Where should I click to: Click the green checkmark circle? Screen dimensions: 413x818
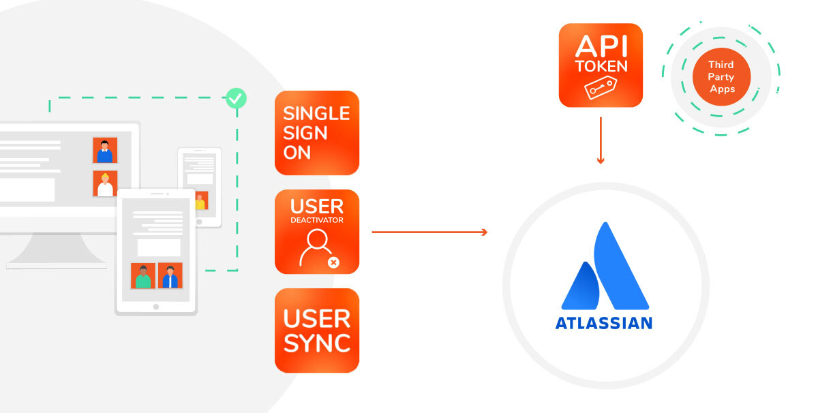click(236, 99)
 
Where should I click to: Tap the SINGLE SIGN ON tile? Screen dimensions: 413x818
click(317, 133)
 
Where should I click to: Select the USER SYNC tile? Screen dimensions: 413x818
click(317, 331)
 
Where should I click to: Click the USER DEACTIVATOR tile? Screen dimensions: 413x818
click(317, 232)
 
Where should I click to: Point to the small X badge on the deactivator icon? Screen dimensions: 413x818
click(333, 262)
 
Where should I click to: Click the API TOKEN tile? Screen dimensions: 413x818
click(601, 65)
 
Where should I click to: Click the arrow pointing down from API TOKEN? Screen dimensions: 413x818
click(601, 140)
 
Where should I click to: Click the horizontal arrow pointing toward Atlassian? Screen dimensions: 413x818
click(429, 232)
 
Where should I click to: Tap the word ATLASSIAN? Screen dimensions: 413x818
click(603, 322)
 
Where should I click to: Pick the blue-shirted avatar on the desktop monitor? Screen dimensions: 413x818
click(105, 151)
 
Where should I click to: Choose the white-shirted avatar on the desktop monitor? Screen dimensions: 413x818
click(105, 184)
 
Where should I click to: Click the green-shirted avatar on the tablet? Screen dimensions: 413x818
click(143, 276)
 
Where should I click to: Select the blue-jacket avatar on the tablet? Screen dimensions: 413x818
click(170, 276)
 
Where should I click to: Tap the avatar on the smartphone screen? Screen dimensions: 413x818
click(200, 201)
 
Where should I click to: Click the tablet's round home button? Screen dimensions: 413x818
click(156, 307)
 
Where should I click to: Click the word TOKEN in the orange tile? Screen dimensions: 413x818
click(601, 67)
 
